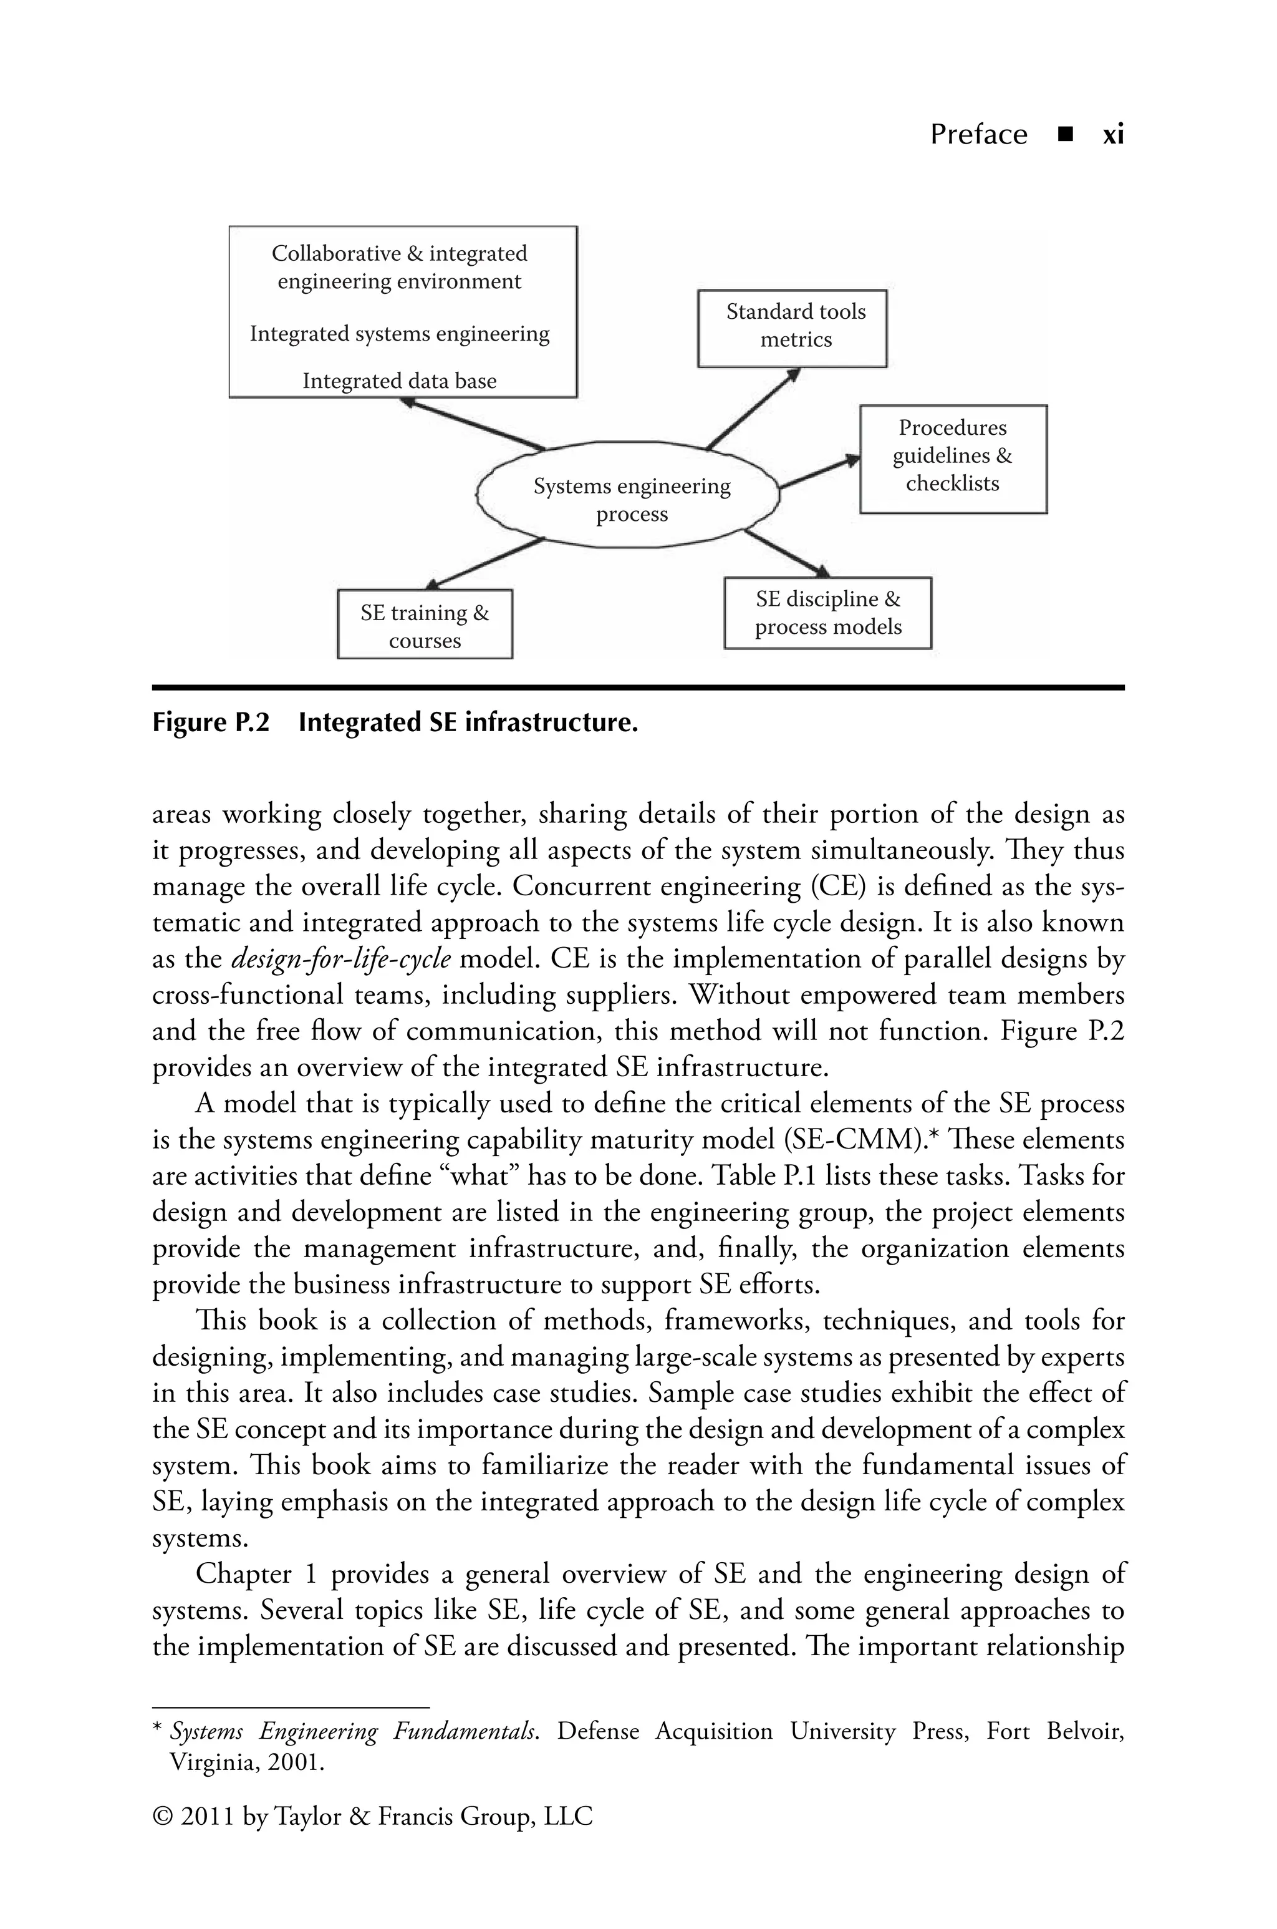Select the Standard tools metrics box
(793, 328)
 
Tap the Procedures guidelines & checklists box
(953, 458)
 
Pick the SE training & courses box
(424, 624)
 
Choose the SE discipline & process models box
(827, 613)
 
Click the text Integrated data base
(399, 381)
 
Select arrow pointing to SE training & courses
(484, 562)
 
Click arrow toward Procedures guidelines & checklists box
(819, 472)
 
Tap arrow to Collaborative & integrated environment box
(473, 424)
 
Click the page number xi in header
(1112, 134)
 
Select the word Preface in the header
(978, 134)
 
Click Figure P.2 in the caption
(210, 722)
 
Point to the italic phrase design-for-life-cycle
(341, 959)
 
